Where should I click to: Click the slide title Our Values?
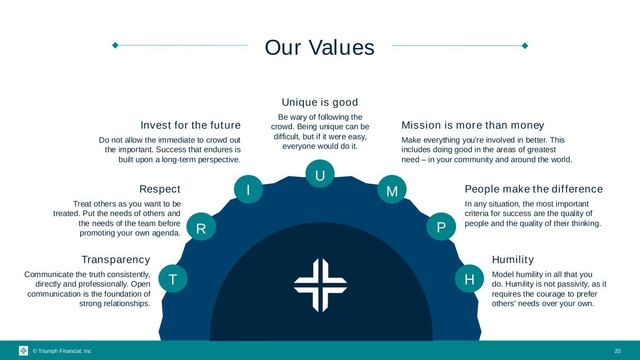coord(319,47)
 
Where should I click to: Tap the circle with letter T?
coord(173,278)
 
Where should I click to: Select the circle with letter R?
coord(201,226)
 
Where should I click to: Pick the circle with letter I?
coord(248,189)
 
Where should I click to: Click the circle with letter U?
coord(320,173)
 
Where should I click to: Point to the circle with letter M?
coord(392,189)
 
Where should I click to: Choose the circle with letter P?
coord(441,226)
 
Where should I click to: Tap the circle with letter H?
coord(469,278)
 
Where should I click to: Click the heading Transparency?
coord(116,260)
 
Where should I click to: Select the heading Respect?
coord(160,189)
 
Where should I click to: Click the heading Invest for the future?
coord(190,125)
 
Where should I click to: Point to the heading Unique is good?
coord(320,102)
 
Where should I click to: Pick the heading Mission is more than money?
coord(473,126)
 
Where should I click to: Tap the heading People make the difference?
coord(534,189)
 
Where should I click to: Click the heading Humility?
coord(513,260)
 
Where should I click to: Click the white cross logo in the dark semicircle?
coord(320,285)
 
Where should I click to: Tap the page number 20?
coord(617,351)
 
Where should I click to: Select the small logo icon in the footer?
coord(23,351)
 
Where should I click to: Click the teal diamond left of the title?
coord(115,45)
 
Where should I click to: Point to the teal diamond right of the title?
coord(525,46)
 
